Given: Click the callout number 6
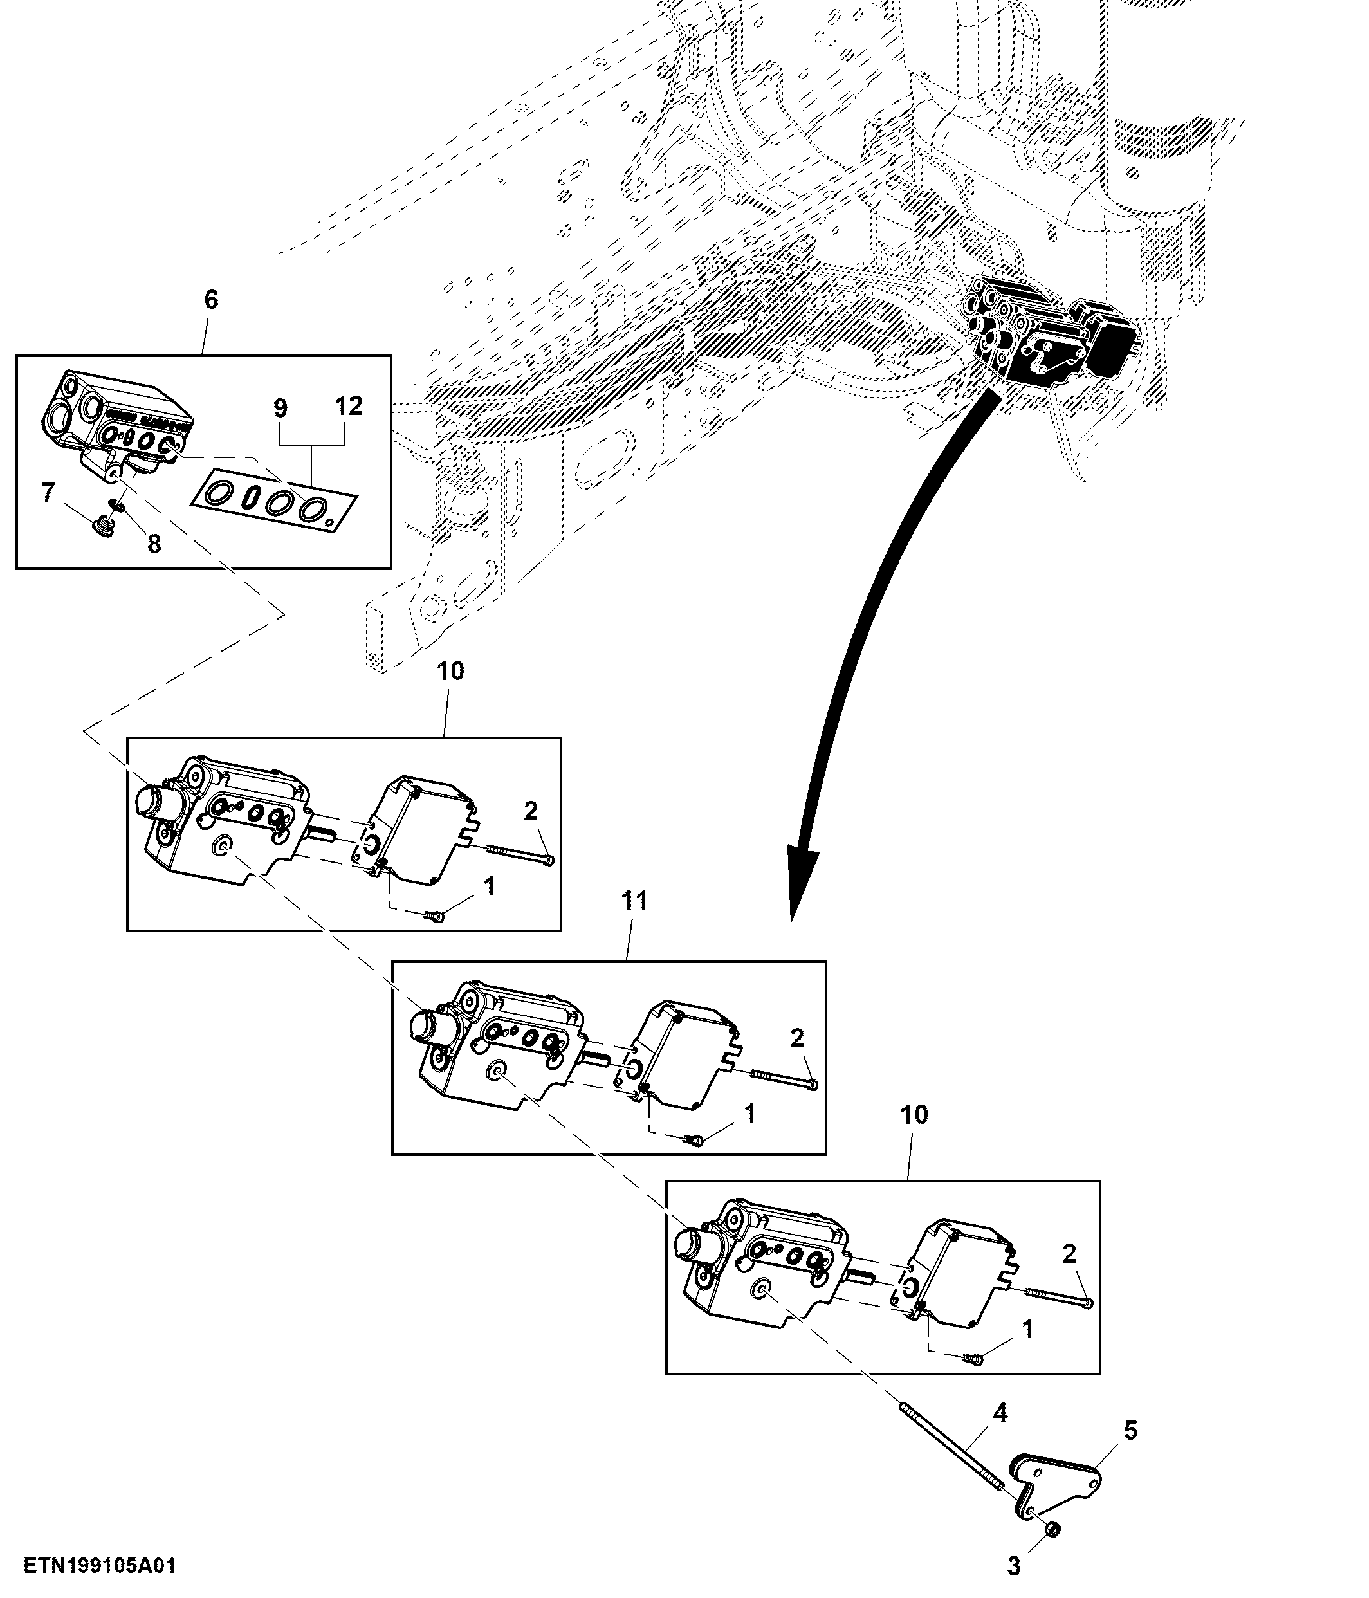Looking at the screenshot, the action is coord(210,300).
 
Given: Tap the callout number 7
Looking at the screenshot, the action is coord(48,492).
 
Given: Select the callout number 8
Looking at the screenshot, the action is coord(154,544).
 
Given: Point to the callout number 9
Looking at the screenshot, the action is coord(280,408).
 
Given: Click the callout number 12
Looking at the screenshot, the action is coord(349,406).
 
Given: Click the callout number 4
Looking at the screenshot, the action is coord(1000,1413).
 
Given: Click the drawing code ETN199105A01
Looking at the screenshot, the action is coord(100,1566).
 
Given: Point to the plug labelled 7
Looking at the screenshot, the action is coord(98,527).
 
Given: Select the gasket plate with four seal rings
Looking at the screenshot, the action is coord(275,502).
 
